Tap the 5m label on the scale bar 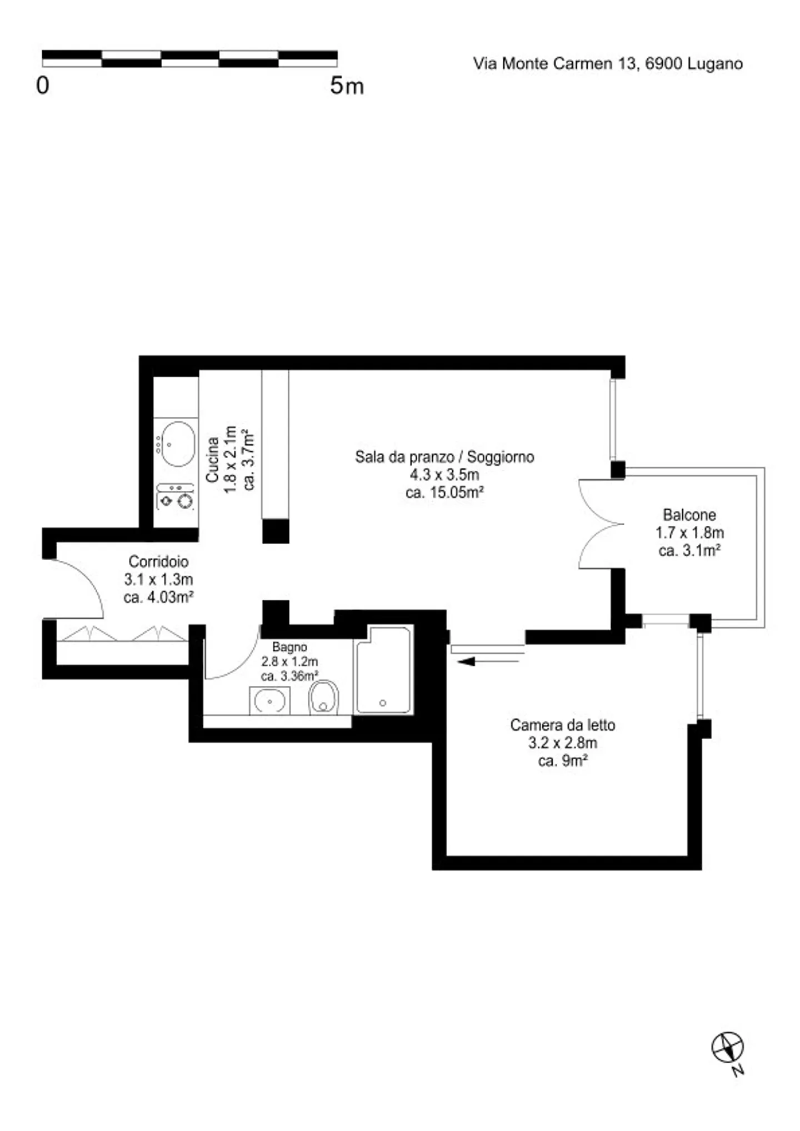[347, 86]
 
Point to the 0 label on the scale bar [42, 86]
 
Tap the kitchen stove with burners [175, 496]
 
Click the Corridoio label [158, 561]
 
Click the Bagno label [289, 647]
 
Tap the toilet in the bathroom [324, 697]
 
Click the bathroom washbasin [269, 700]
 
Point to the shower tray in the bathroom [383, 670]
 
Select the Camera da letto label [563, 725]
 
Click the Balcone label [689, 515]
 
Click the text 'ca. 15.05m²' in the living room [444, 492]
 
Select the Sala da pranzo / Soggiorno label [444, 457]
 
